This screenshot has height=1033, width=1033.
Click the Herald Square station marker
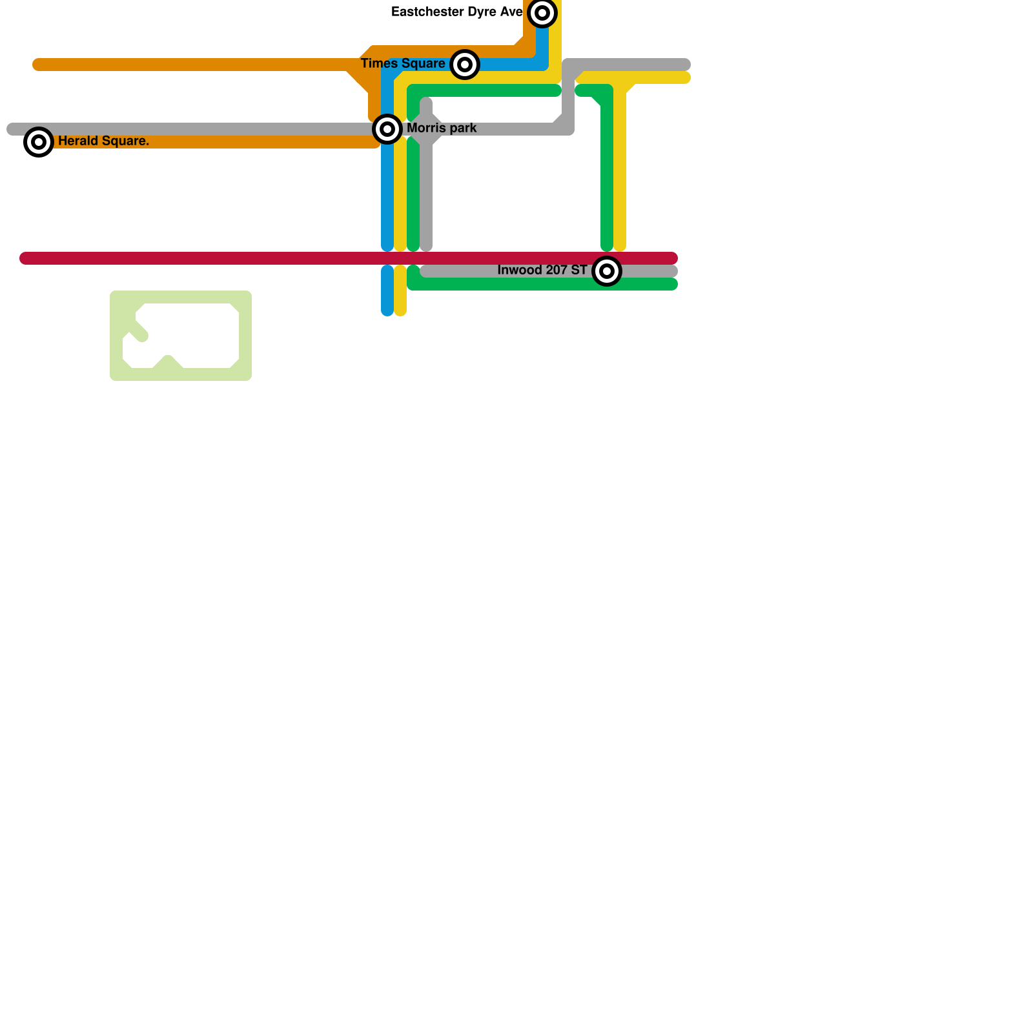pos(39,142)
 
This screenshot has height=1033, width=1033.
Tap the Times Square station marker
pos(465,65)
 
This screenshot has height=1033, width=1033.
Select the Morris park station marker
pos(387,129)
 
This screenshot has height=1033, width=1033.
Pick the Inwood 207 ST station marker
pos(607,271)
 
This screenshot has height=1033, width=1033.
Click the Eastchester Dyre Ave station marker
pos(542,13)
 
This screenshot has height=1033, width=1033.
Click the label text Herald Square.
pos(103,141)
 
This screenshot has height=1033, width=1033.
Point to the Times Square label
pos(403,64)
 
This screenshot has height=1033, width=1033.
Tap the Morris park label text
pos(442,128)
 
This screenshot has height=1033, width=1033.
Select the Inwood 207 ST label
pos(542,271)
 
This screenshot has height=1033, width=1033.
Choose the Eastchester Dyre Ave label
pos(457,12)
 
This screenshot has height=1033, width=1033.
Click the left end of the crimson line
pos(25,258)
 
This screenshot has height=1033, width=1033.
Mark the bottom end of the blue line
pos(387,311)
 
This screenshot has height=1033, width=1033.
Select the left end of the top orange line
pos(37,65)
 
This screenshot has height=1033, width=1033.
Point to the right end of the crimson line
pos(673,258)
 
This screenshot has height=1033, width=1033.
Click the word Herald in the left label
pos(77,141)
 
